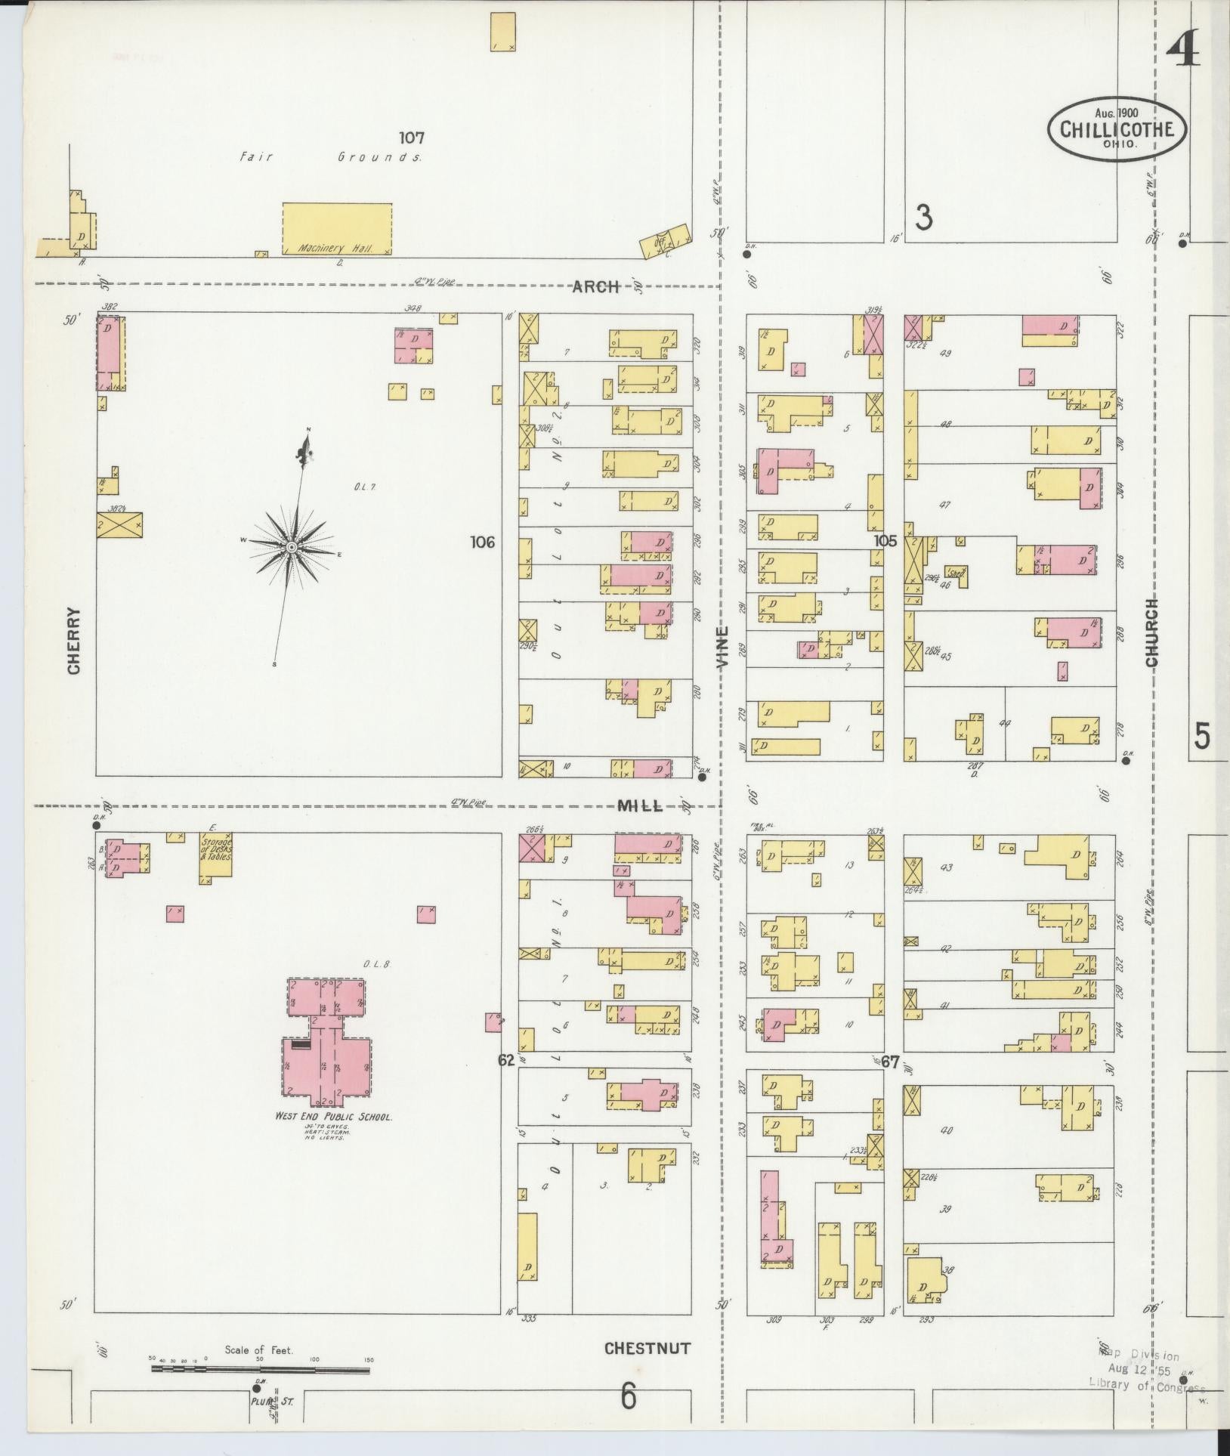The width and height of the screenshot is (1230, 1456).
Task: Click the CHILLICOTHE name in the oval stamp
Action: point(1117,129)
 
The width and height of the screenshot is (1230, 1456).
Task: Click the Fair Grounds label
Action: point(330,158)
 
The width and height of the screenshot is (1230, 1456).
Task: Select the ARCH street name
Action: point(595,286)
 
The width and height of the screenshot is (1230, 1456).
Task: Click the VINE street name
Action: point(723,647)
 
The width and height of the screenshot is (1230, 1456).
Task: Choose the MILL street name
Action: point(640,806)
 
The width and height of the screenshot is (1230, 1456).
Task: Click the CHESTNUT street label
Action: point(647,1348)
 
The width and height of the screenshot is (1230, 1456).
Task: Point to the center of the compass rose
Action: point(291,546)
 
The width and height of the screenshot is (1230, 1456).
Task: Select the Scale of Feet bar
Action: point(260,1367)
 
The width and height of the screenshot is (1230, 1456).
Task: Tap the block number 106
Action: point(481,542)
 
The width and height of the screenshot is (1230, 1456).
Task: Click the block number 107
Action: point(412,138)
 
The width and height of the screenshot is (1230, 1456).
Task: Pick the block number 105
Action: point(885,540)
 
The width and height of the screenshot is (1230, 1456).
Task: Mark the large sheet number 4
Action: point(1182,51)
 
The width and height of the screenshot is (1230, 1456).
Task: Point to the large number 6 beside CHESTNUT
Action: point(628,1397)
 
